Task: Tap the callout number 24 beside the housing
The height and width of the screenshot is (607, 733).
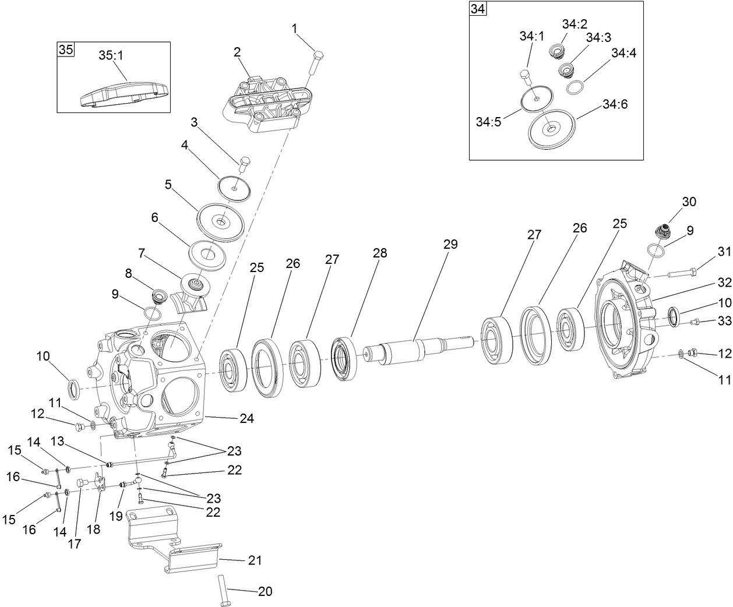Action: point(247,418)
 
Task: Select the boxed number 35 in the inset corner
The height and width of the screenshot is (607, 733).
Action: point(66,50)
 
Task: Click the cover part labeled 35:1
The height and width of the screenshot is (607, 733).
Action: point(124,93)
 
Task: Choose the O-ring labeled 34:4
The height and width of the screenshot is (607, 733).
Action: point(575,87)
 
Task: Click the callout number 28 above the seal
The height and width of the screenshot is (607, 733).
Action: point(380,253)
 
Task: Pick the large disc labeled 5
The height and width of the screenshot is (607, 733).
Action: point(221,221)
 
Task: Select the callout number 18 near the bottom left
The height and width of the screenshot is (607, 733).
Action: point(93,530)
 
